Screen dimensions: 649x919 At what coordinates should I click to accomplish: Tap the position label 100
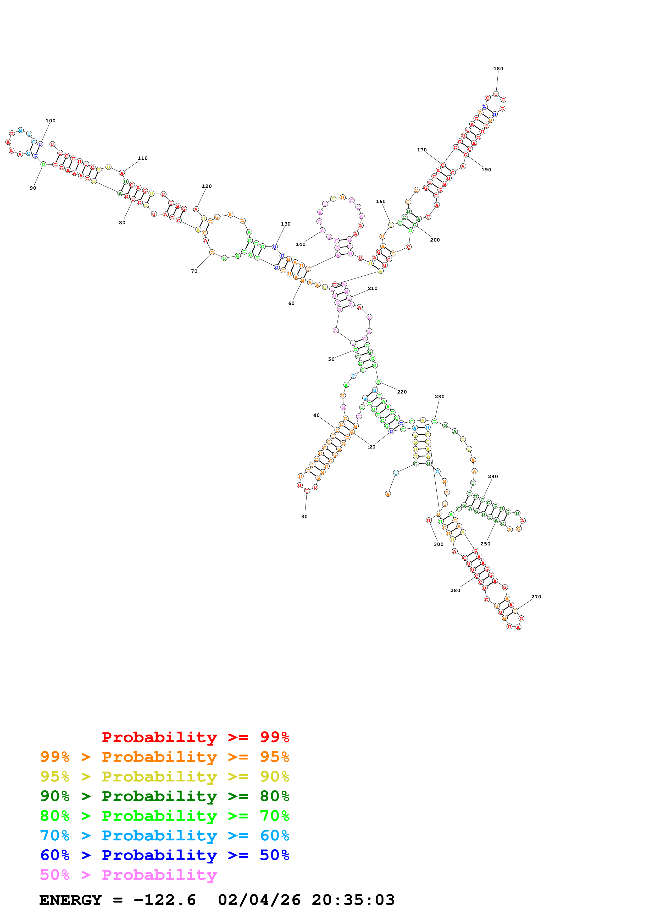(x=50, y=121)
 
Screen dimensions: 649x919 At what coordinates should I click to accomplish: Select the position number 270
(x=536, y=597)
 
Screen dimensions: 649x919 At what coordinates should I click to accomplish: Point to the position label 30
(x=304, y=516)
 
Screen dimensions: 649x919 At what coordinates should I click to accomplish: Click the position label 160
(x=381, y=201)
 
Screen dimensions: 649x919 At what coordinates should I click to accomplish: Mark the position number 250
(x=485, y=544)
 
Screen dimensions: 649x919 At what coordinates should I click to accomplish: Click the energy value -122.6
(x=165, y=900)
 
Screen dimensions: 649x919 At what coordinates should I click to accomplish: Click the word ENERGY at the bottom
(x=70, y=900)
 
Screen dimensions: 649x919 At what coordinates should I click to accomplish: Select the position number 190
(x=486, y=170)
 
